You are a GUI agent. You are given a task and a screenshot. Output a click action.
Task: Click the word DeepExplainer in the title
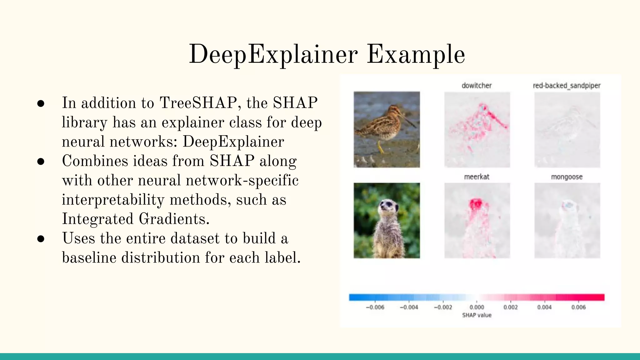[x=273, y=55]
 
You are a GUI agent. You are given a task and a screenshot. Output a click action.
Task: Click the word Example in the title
[x=416, y=55]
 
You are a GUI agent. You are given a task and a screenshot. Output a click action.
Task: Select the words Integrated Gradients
[x=135, y=219]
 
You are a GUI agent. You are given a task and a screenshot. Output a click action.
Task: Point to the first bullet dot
[x=41, y=103]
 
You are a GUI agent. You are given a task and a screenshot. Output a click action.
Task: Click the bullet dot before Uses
[x=41, y=239]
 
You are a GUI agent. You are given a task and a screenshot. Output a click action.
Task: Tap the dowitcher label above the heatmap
[x=477, y=86]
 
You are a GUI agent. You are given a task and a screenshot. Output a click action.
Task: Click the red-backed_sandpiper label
[x=567, y=86]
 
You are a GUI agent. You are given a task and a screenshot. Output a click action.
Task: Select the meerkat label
[x=477, y=177]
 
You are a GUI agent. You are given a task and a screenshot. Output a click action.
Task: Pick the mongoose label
[x=567, y=177]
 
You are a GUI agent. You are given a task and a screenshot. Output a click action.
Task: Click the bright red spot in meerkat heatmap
[x=476, y=204]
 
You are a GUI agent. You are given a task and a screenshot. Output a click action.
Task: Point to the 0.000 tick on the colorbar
[x=477, y=307]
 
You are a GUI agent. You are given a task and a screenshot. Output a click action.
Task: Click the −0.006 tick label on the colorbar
[x=375, y=307]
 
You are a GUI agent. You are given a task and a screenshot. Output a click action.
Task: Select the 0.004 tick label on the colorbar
[x=544, y=307]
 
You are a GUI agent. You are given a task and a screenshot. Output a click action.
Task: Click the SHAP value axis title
[x=477, y=315]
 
